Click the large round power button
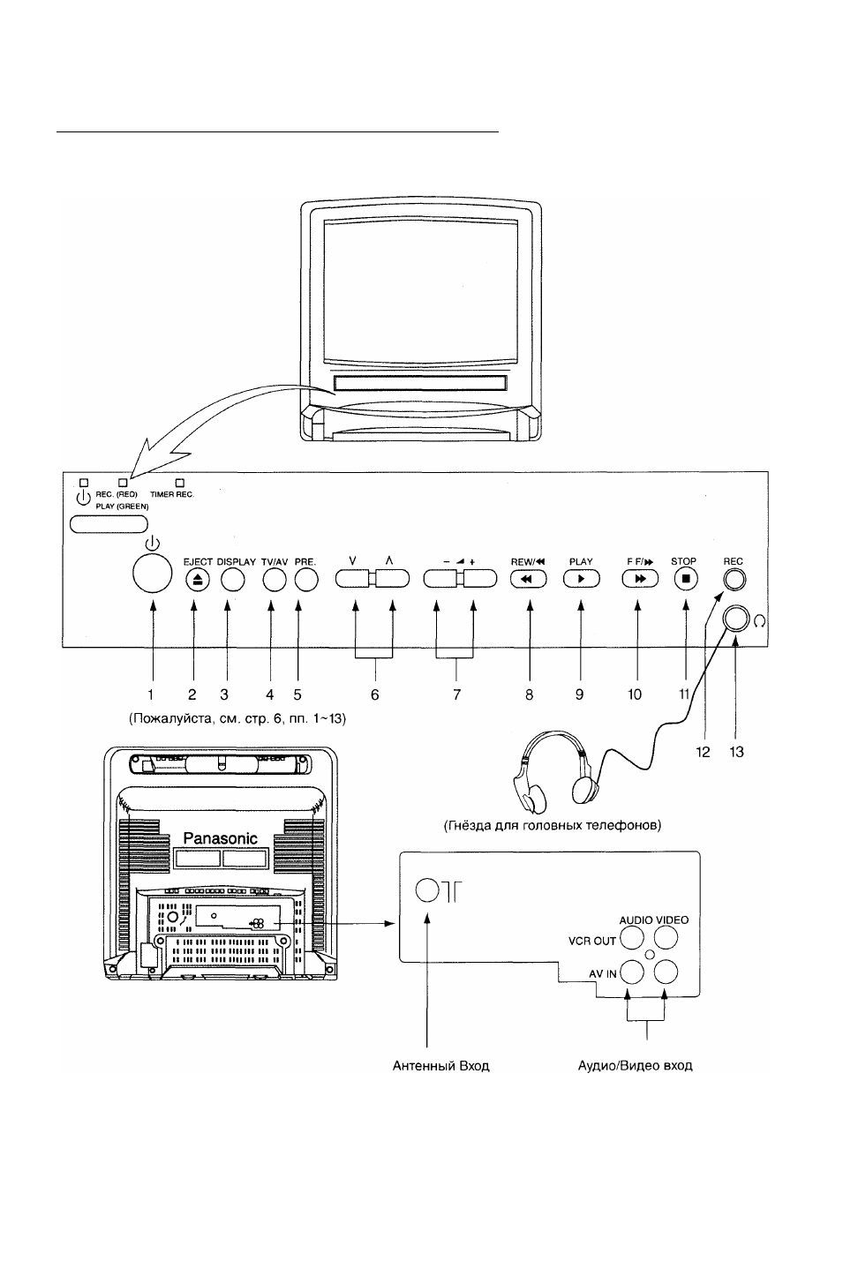click(152, 573)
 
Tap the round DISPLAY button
click(232, 580)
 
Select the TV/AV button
click(275, 580)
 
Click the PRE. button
click(306, 580)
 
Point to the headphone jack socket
click(735, 619)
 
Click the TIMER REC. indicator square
click(180, 483)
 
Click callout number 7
click(456, 694)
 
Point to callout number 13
click(736, 752)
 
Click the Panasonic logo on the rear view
click(220, 838)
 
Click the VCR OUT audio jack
click(631, 938)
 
